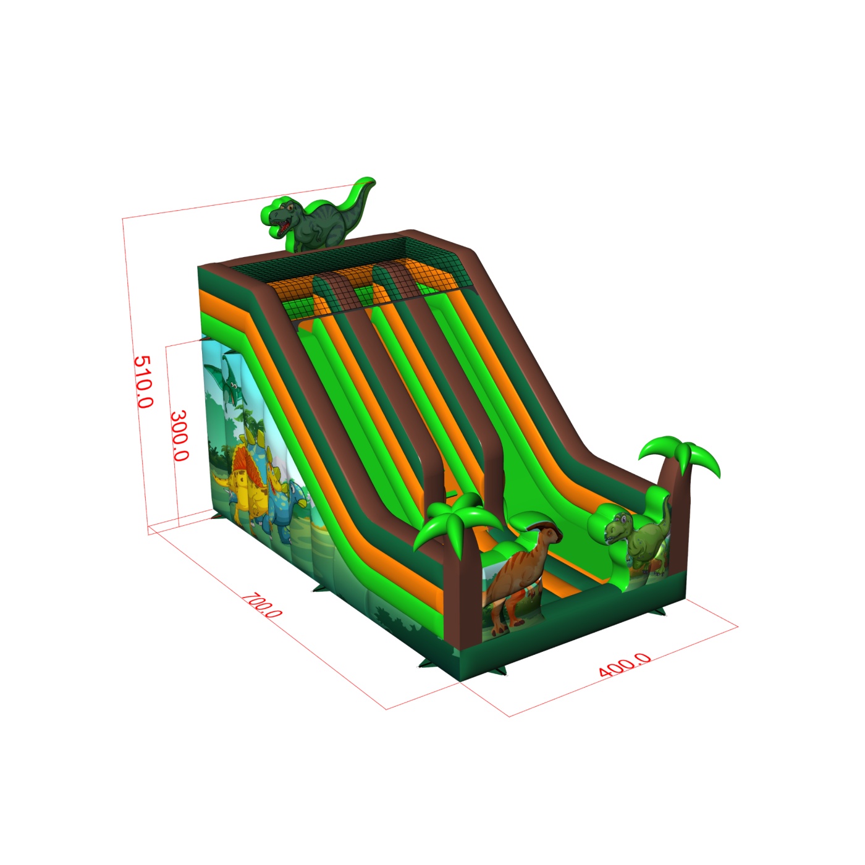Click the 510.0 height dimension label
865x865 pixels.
click(143, 382)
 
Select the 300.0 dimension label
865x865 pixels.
click(180, 436)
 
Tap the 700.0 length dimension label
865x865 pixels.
click(262, 605)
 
